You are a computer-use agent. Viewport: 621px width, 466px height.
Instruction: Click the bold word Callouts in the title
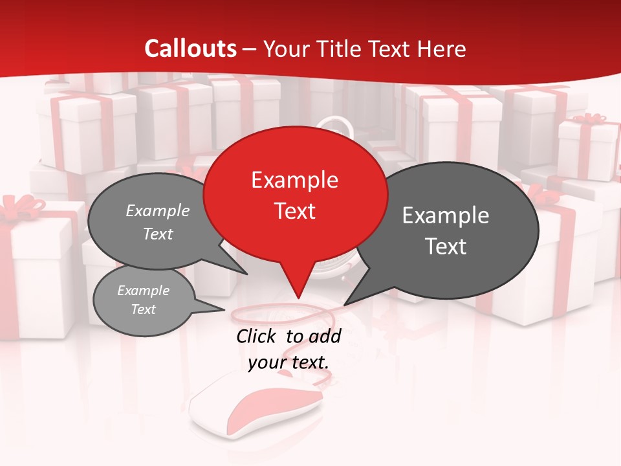[x=190, y=49]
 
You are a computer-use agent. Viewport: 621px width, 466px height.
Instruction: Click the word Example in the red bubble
[x=294, y=180]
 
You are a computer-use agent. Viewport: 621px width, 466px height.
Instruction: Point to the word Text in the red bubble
[x=295, y=211]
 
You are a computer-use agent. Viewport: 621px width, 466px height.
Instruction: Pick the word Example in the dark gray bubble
[x=446, y=216]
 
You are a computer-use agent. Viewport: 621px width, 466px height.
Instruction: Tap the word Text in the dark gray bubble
[x=446, y=247]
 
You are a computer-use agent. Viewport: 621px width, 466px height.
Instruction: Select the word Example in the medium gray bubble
[x=158, y=211]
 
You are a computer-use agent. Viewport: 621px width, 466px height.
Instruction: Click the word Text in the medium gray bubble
[x=157, y=234]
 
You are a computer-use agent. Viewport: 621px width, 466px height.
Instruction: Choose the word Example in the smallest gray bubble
[x=143, y=291]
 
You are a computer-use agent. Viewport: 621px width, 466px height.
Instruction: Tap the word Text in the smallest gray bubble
[x=143, y=309]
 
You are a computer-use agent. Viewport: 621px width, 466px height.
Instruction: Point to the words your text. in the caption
[x=289, y=362]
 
